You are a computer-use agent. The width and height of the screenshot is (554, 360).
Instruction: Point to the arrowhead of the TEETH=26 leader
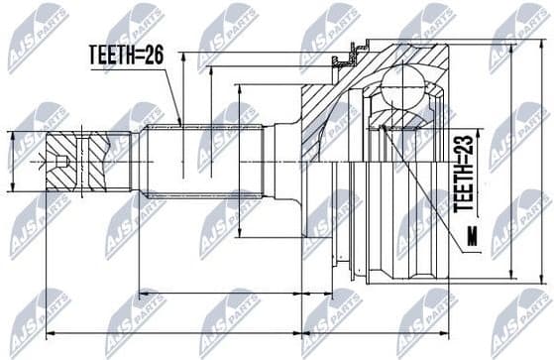[x=179, y=123]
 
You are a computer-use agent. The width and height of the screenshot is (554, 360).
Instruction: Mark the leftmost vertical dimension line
[x=11, y=161]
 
